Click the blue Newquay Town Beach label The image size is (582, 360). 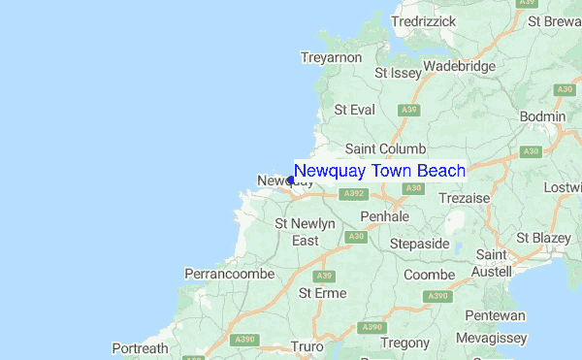pos(379,171)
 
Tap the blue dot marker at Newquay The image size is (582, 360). pos(291,180)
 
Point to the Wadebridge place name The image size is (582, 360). pos(460,66)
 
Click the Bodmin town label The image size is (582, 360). pos(543,116)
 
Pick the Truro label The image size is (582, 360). pos(307,345)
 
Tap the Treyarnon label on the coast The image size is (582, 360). pos(331,58)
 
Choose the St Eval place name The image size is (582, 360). pos(354,110)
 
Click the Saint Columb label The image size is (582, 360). pos(385,148)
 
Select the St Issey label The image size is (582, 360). pos(396,73)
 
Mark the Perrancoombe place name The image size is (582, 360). pos(230,275)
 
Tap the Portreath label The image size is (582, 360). pos(140,347)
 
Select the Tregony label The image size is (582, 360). pos(404,343)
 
